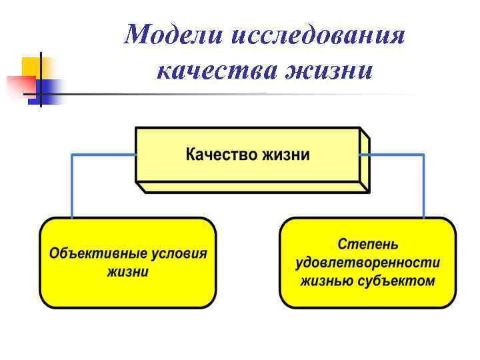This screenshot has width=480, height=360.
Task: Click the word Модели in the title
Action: coord(174,35)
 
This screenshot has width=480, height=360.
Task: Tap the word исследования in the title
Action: coord(318,35)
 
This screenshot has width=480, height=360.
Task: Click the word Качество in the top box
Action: coord(221,155)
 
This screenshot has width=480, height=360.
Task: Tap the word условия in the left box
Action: coord(175,255)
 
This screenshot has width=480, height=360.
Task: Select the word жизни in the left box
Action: coord(128,272)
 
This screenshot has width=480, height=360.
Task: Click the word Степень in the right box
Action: coord(367,245)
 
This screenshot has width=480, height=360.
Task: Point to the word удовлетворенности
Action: coord(367,263)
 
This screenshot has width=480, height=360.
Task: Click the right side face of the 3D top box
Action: coord(364,160)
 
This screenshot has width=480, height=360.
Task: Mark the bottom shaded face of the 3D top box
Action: coord(253,187)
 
